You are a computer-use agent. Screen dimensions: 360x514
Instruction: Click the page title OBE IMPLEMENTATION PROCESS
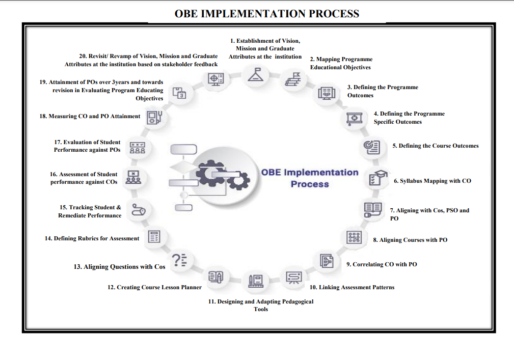tap(266, 14)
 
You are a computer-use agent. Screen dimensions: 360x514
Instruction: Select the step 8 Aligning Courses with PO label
tap(410, 240)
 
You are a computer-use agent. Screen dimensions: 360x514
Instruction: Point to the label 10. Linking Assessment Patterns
tap(352, 287)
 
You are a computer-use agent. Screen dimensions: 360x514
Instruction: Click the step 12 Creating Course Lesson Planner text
tap(154, 287)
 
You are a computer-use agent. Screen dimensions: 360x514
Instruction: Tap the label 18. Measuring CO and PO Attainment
tap(90, 116)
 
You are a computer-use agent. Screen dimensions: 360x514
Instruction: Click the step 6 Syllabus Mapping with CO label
tap(432, 181)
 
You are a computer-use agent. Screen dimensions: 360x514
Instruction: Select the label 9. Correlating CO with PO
tap(382, 264)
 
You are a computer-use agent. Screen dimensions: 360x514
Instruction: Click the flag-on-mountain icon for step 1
tap(255, 75)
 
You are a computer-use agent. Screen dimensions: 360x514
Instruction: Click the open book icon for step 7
tap(372, 209)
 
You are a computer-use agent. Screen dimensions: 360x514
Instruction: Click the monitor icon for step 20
tap(215, 79)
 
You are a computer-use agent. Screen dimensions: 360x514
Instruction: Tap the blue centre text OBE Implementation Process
tap(310, 178)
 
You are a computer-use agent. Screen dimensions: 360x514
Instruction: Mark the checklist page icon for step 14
tap(154, 237)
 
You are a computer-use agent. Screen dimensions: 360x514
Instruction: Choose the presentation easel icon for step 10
tap(293, 277)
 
